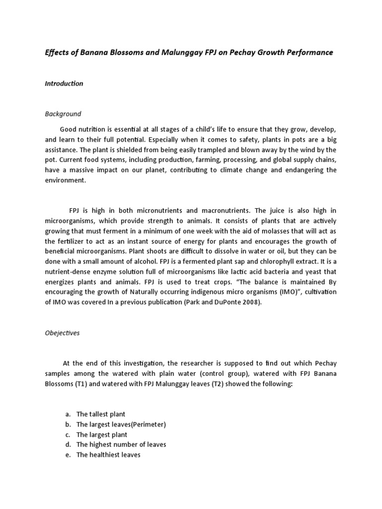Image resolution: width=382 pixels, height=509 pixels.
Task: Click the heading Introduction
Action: point(64,84)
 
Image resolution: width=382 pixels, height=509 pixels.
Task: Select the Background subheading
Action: point(63,114)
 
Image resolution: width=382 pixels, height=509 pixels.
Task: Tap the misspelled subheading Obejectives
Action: point(62,333)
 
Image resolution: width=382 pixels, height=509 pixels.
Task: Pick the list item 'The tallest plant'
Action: point(101,414)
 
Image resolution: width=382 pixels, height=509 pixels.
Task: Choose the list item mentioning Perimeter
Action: point(121,424)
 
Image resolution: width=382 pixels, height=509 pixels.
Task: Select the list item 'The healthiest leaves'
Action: point(108,455)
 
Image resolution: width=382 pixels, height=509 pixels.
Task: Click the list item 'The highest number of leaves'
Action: point(121,444)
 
